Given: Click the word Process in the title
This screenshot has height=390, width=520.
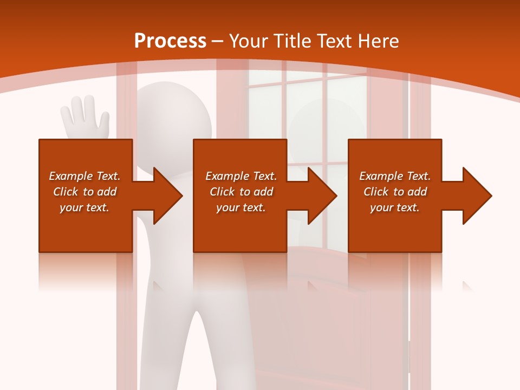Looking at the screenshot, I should click(170, 41).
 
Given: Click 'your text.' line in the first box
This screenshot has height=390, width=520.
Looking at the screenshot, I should click(84, 207).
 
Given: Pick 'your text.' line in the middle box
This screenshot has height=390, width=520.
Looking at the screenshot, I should click(240, 207).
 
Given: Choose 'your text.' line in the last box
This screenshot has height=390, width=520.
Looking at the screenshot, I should click(395, 207).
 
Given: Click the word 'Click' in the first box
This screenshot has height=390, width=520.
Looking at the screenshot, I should click(66, 192).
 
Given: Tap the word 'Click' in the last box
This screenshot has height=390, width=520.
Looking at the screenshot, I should click(376, 192).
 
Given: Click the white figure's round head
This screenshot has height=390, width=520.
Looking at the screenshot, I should click(173, 114).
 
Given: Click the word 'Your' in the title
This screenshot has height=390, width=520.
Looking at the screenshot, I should click(249, 41).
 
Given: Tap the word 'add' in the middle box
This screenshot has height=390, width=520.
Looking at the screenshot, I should click(263, 192).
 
